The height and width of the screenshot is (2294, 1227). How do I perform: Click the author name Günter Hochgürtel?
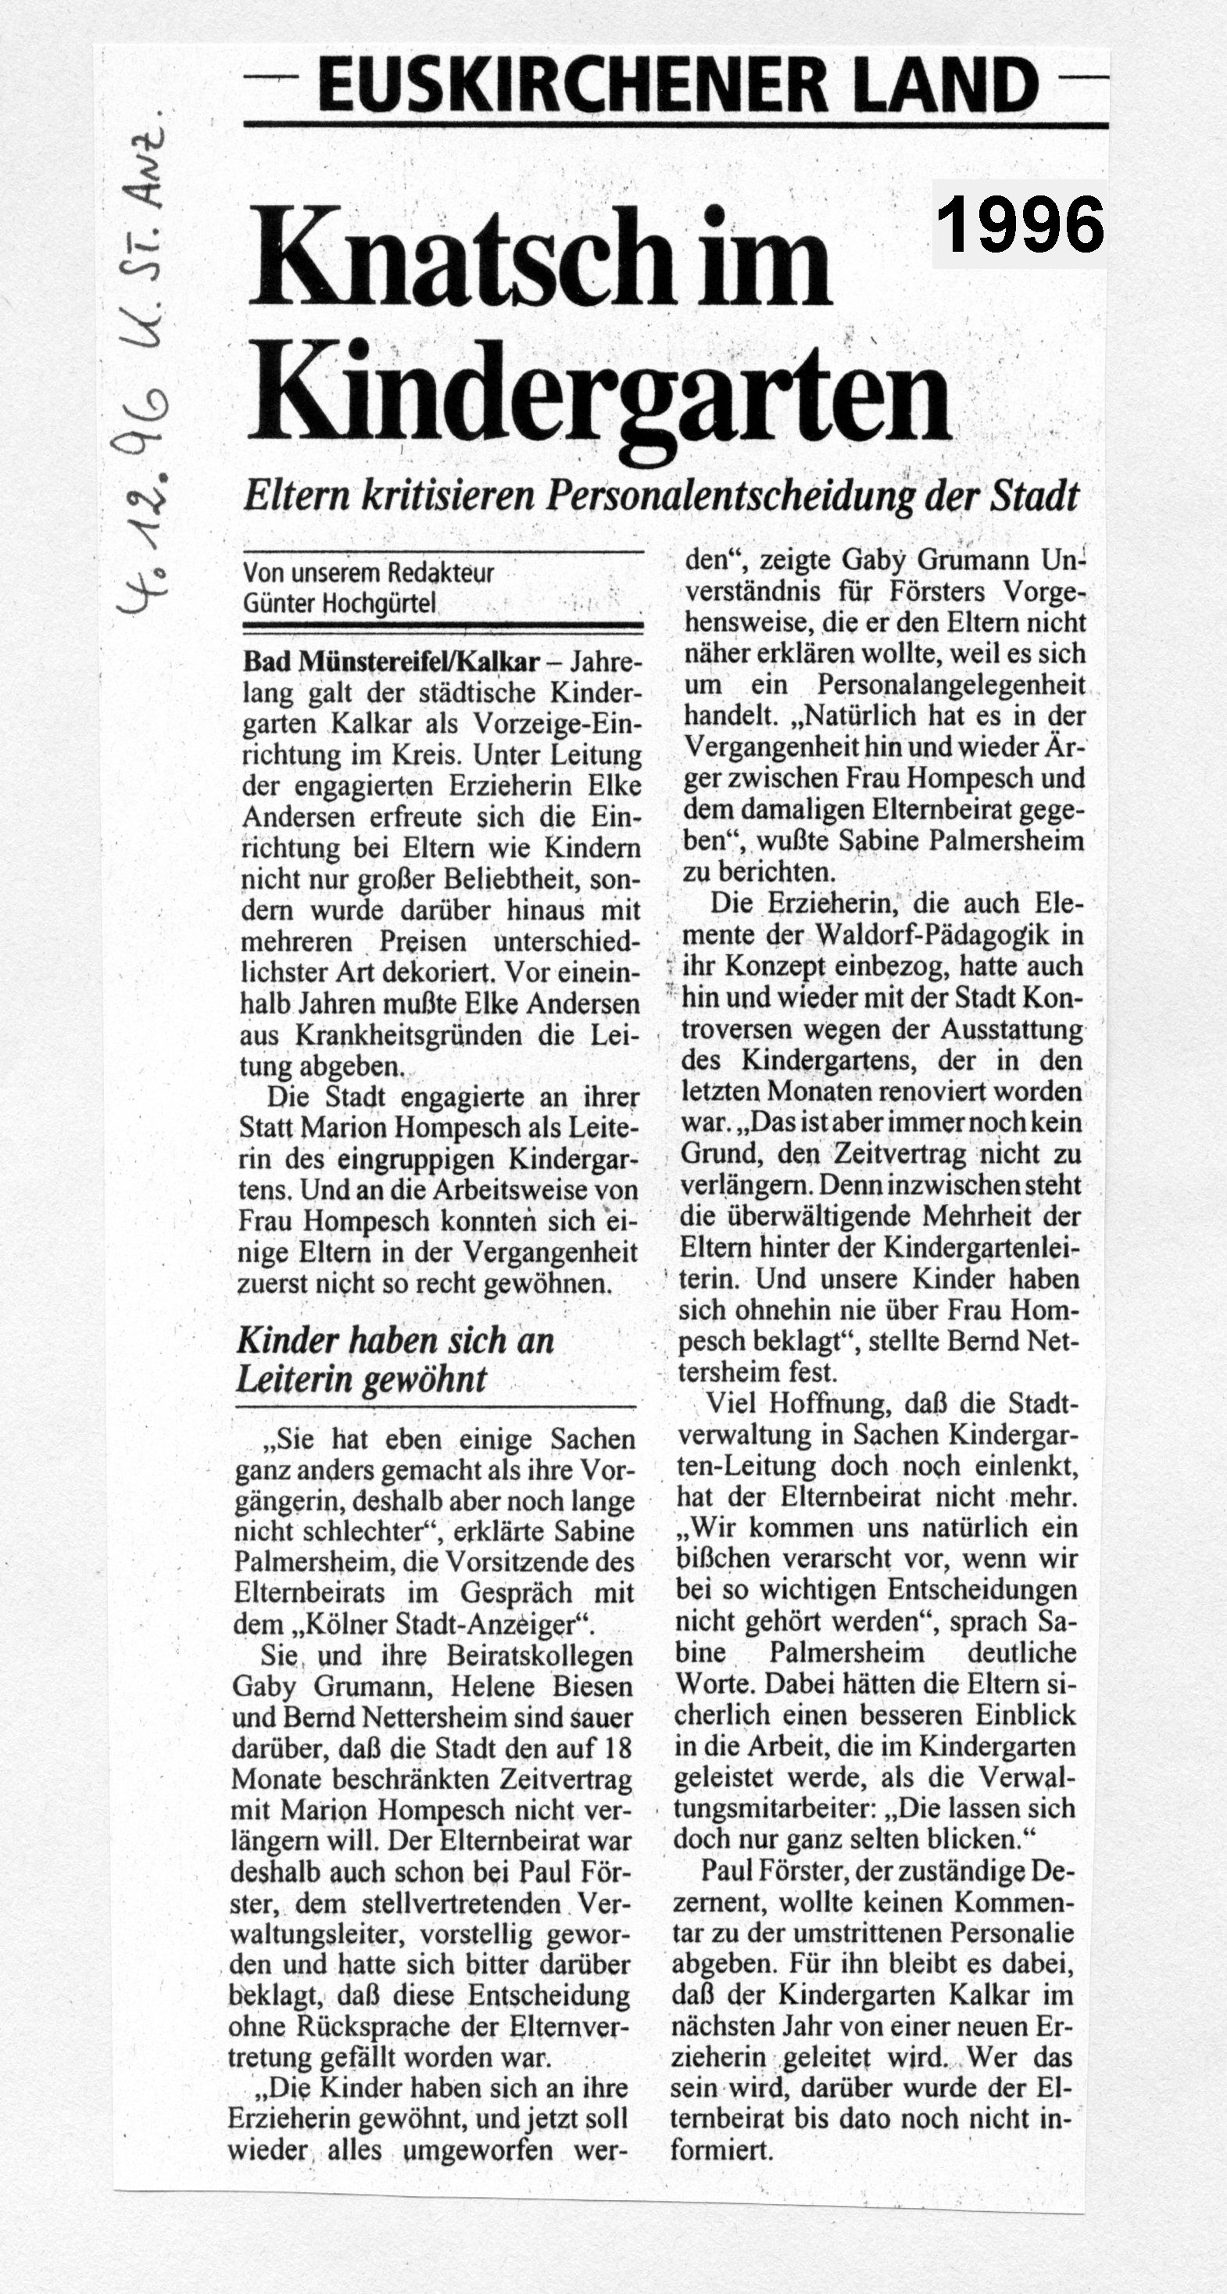339,603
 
